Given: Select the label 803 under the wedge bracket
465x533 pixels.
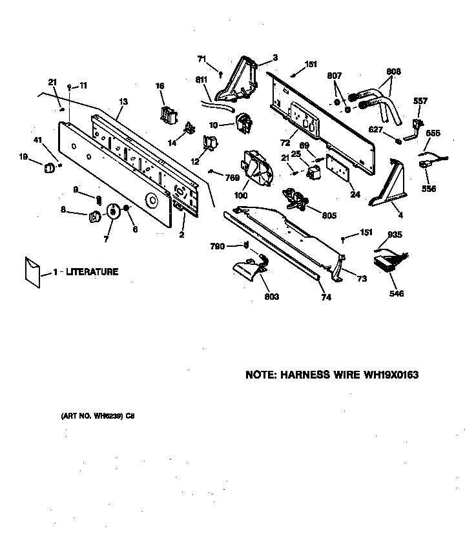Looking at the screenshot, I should point(271,297).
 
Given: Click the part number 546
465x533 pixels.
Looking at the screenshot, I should point(397,294).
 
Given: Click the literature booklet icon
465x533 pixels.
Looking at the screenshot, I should point(32,270).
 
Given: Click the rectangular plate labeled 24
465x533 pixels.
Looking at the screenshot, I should point(337,166).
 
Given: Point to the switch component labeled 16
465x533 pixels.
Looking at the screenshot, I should point(169,114).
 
